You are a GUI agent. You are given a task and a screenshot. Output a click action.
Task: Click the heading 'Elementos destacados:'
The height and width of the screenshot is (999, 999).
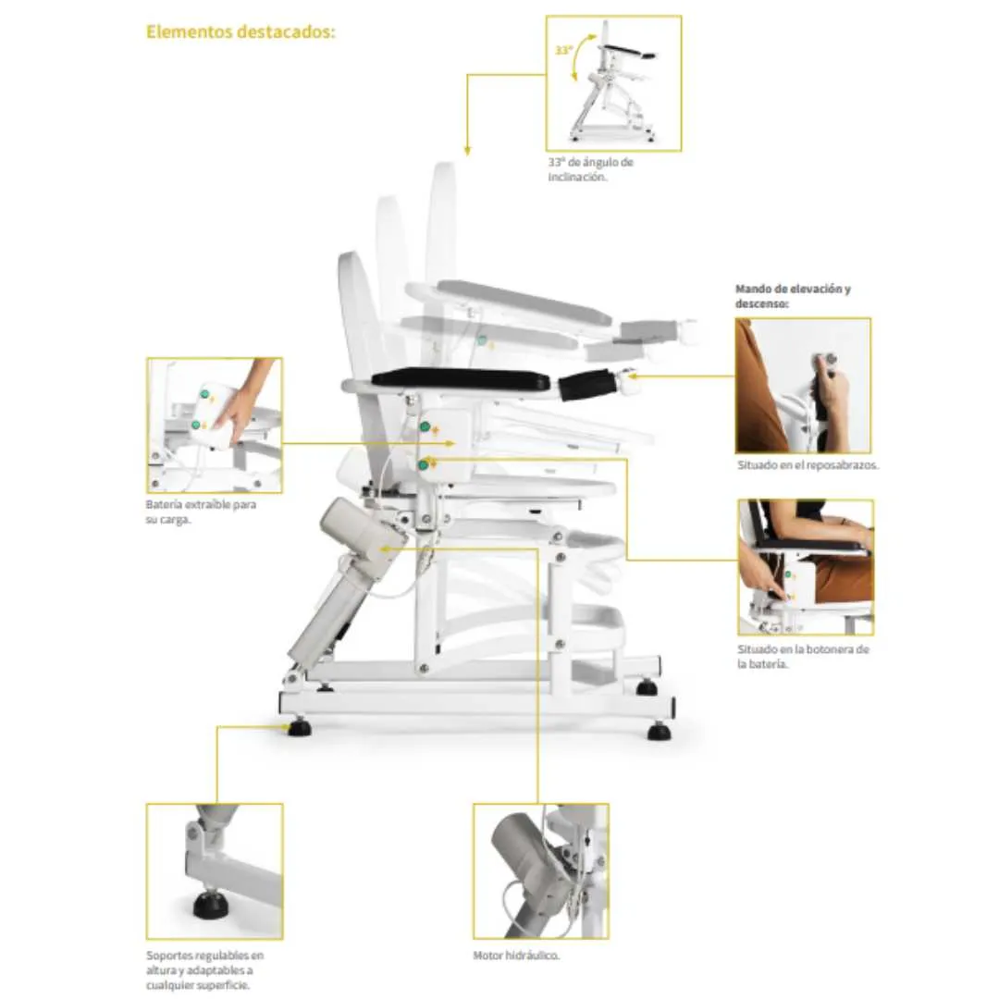240,31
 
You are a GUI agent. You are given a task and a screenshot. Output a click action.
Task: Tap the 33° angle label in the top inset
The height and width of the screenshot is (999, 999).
564,50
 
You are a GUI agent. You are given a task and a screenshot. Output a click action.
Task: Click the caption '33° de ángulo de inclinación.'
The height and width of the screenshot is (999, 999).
590,169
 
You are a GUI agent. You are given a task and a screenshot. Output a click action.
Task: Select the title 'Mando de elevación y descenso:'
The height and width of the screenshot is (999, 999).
793,296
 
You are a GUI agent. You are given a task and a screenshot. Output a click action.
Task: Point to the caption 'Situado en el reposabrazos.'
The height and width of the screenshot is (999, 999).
808,465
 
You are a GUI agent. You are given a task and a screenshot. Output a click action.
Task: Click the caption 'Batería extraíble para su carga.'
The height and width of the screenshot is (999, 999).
201,512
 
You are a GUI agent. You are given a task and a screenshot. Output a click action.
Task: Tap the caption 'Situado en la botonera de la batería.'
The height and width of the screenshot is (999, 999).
803,656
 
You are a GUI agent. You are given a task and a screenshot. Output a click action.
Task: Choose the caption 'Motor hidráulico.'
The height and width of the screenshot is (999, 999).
516,956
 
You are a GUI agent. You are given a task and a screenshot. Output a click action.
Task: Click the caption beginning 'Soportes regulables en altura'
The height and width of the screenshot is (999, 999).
204,970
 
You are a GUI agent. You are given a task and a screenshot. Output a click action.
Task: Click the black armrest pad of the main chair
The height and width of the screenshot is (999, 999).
460,379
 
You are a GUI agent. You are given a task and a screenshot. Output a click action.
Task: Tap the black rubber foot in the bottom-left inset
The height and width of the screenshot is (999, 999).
211,905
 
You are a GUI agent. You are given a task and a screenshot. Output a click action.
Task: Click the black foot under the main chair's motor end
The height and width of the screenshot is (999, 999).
299,727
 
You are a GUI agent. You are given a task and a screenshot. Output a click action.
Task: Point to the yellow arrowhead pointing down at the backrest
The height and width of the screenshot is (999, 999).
467,151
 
